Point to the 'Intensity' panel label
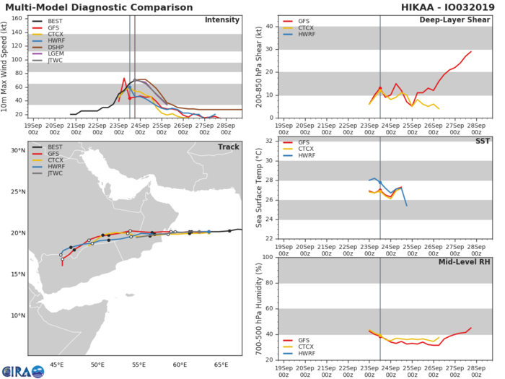tap(222, 19)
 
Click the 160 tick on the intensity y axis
tap(19, 19)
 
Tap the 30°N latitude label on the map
tap(18, 150)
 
